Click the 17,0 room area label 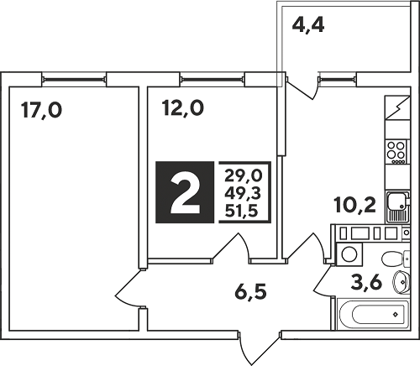tap(42, 110)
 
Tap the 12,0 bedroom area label tap(182, 108)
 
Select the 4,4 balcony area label tap(308, 25)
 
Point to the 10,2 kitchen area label tap(354, 206)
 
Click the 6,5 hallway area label tap(250, 291)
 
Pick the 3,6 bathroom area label tap(366, 282)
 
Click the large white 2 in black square tap(185, 193)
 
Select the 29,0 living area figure tap(243, 176)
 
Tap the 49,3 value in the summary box tap(243, 193)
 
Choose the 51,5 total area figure tap(241, 211)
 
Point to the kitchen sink tap(398, 207)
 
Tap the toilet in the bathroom tap(396, 258)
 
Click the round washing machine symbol tap(349, 254)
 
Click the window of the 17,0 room tap(74, 80)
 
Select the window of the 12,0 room tap(212, 80)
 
